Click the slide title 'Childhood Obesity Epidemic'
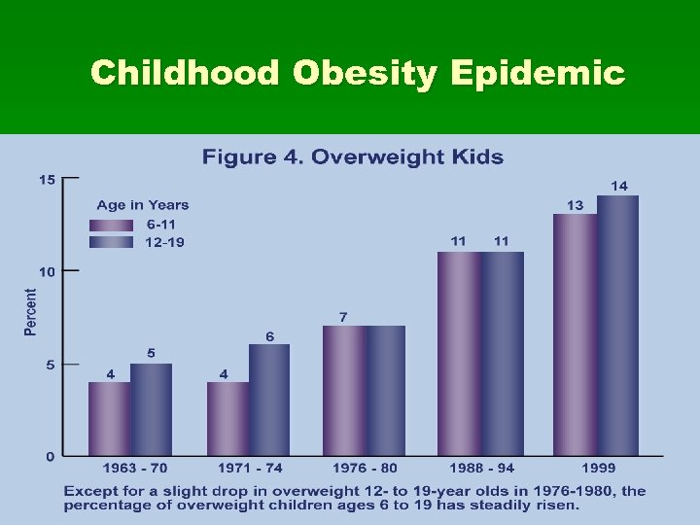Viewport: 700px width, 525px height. click(357, 73)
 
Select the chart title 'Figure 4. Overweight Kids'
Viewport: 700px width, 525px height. click(352, 157)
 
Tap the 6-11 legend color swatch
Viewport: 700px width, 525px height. click(110, 225)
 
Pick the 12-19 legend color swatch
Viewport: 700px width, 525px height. click(110, 242)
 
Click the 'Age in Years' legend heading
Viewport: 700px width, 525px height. click(142, 205)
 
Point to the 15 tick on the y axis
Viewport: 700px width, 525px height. click(47, 179)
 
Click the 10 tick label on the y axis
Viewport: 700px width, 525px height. click(47, 271)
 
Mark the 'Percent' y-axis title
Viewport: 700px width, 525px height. click(31, 312)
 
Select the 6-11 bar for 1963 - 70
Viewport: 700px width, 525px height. click(109, 418)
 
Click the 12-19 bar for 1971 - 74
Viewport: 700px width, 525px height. click(269, 400)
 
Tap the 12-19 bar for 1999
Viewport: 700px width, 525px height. click(617, 325)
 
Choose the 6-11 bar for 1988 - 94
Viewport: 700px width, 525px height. click(459, 353)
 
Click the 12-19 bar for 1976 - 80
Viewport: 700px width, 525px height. click(385, 390)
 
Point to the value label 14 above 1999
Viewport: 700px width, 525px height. click(618, 185)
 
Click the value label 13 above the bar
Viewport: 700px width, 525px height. click(576, 204)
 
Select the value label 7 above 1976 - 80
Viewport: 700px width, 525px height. click(343, 317)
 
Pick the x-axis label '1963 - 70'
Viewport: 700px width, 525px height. click(130, 469)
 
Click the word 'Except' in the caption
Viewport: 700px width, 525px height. click(88, 490)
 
